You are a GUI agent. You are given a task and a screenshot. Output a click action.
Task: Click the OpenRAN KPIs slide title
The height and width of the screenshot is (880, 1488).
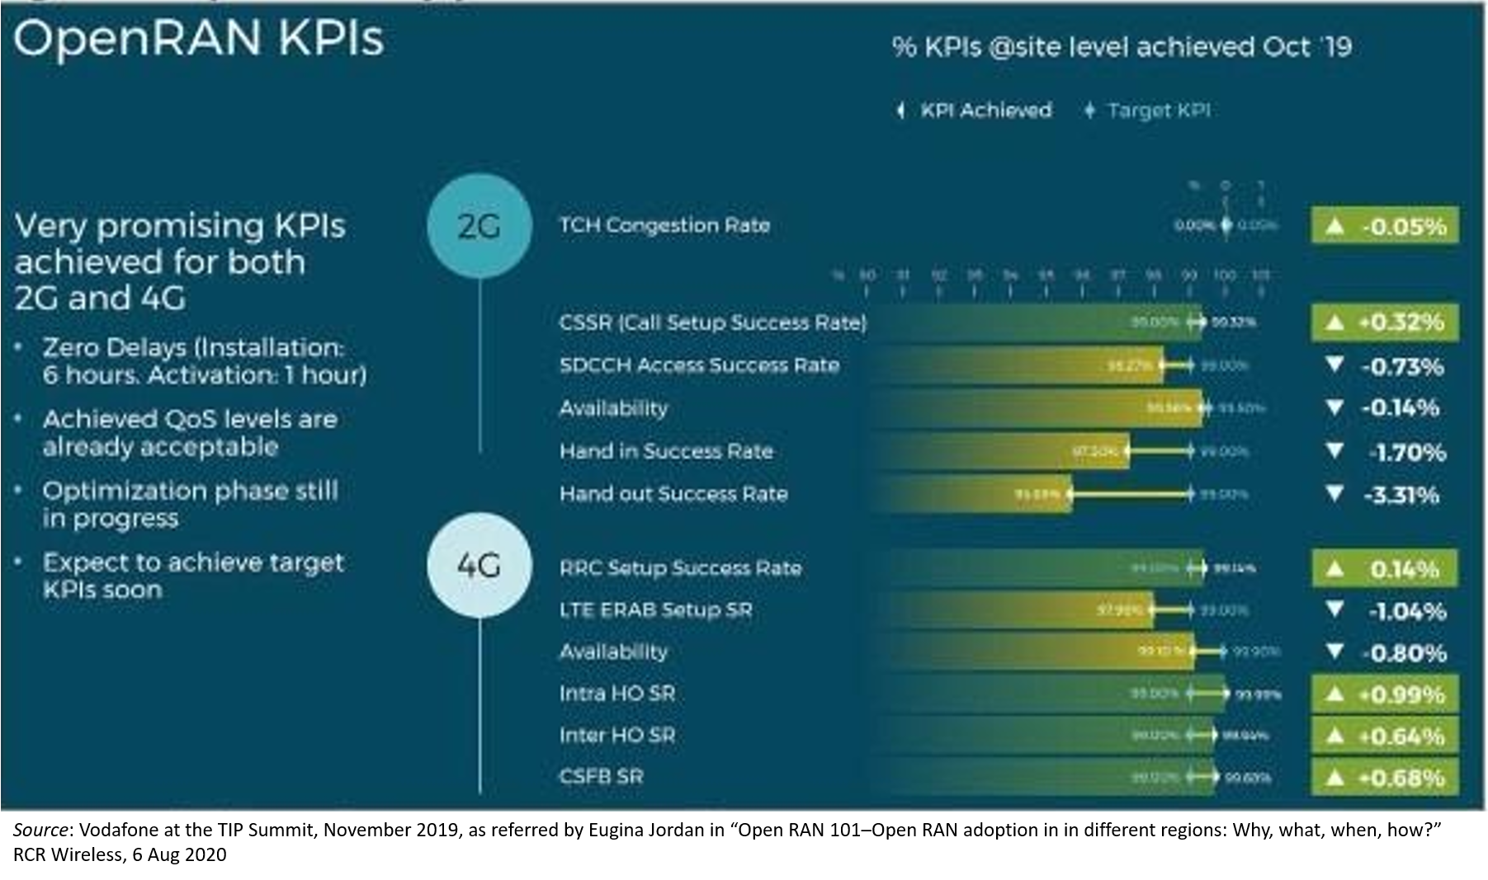click(x=199, y=39)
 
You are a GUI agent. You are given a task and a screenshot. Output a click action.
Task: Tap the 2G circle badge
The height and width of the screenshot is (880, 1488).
click(x=479, y=226)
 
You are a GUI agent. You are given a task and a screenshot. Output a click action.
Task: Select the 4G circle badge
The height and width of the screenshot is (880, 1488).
click(x=479, y=566)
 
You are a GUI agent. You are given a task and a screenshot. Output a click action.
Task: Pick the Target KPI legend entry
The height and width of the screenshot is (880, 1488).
click(x=1149, y=111)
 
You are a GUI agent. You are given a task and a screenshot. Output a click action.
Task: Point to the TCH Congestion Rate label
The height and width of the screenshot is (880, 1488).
click(x=664, y=225)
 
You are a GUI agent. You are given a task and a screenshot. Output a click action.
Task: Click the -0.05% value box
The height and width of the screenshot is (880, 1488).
click(x=1385, y=226)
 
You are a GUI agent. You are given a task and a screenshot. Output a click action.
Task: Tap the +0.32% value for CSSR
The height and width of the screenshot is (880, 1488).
click(x=1385, y=322)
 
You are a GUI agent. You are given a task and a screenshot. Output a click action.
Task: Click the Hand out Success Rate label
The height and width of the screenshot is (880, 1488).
click(x=673, y=494)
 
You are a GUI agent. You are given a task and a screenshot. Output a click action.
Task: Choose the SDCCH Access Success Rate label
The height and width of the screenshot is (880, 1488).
click(x=699, y=365)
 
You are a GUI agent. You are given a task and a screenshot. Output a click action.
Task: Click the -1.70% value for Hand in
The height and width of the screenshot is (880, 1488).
click(x=1388, y=452)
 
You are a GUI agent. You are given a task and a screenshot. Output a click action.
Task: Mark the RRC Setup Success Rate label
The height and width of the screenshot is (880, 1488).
click(x=680, y=568)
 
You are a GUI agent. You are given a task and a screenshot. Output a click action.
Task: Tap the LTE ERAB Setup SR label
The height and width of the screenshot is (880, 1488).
click(x=655, y=610)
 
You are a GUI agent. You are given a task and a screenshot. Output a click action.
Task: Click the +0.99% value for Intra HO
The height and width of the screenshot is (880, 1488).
click(x=1385, y=694)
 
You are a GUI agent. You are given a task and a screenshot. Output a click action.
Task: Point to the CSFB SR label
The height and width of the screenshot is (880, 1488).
click(x=601, y=777)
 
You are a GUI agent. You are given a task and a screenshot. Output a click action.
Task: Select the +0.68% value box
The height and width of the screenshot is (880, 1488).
click(x=1385, y=778)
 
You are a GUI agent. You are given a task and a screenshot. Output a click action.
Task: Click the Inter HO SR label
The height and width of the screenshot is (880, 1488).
click(x=617, y=735)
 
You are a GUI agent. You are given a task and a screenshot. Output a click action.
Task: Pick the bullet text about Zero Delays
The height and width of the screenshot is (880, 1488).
click(x=204, y=361)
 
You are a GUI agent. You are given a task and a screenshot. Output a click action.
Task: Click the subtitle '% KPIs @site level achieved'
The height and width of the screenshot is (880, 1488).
click(x=1122, y=47)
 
